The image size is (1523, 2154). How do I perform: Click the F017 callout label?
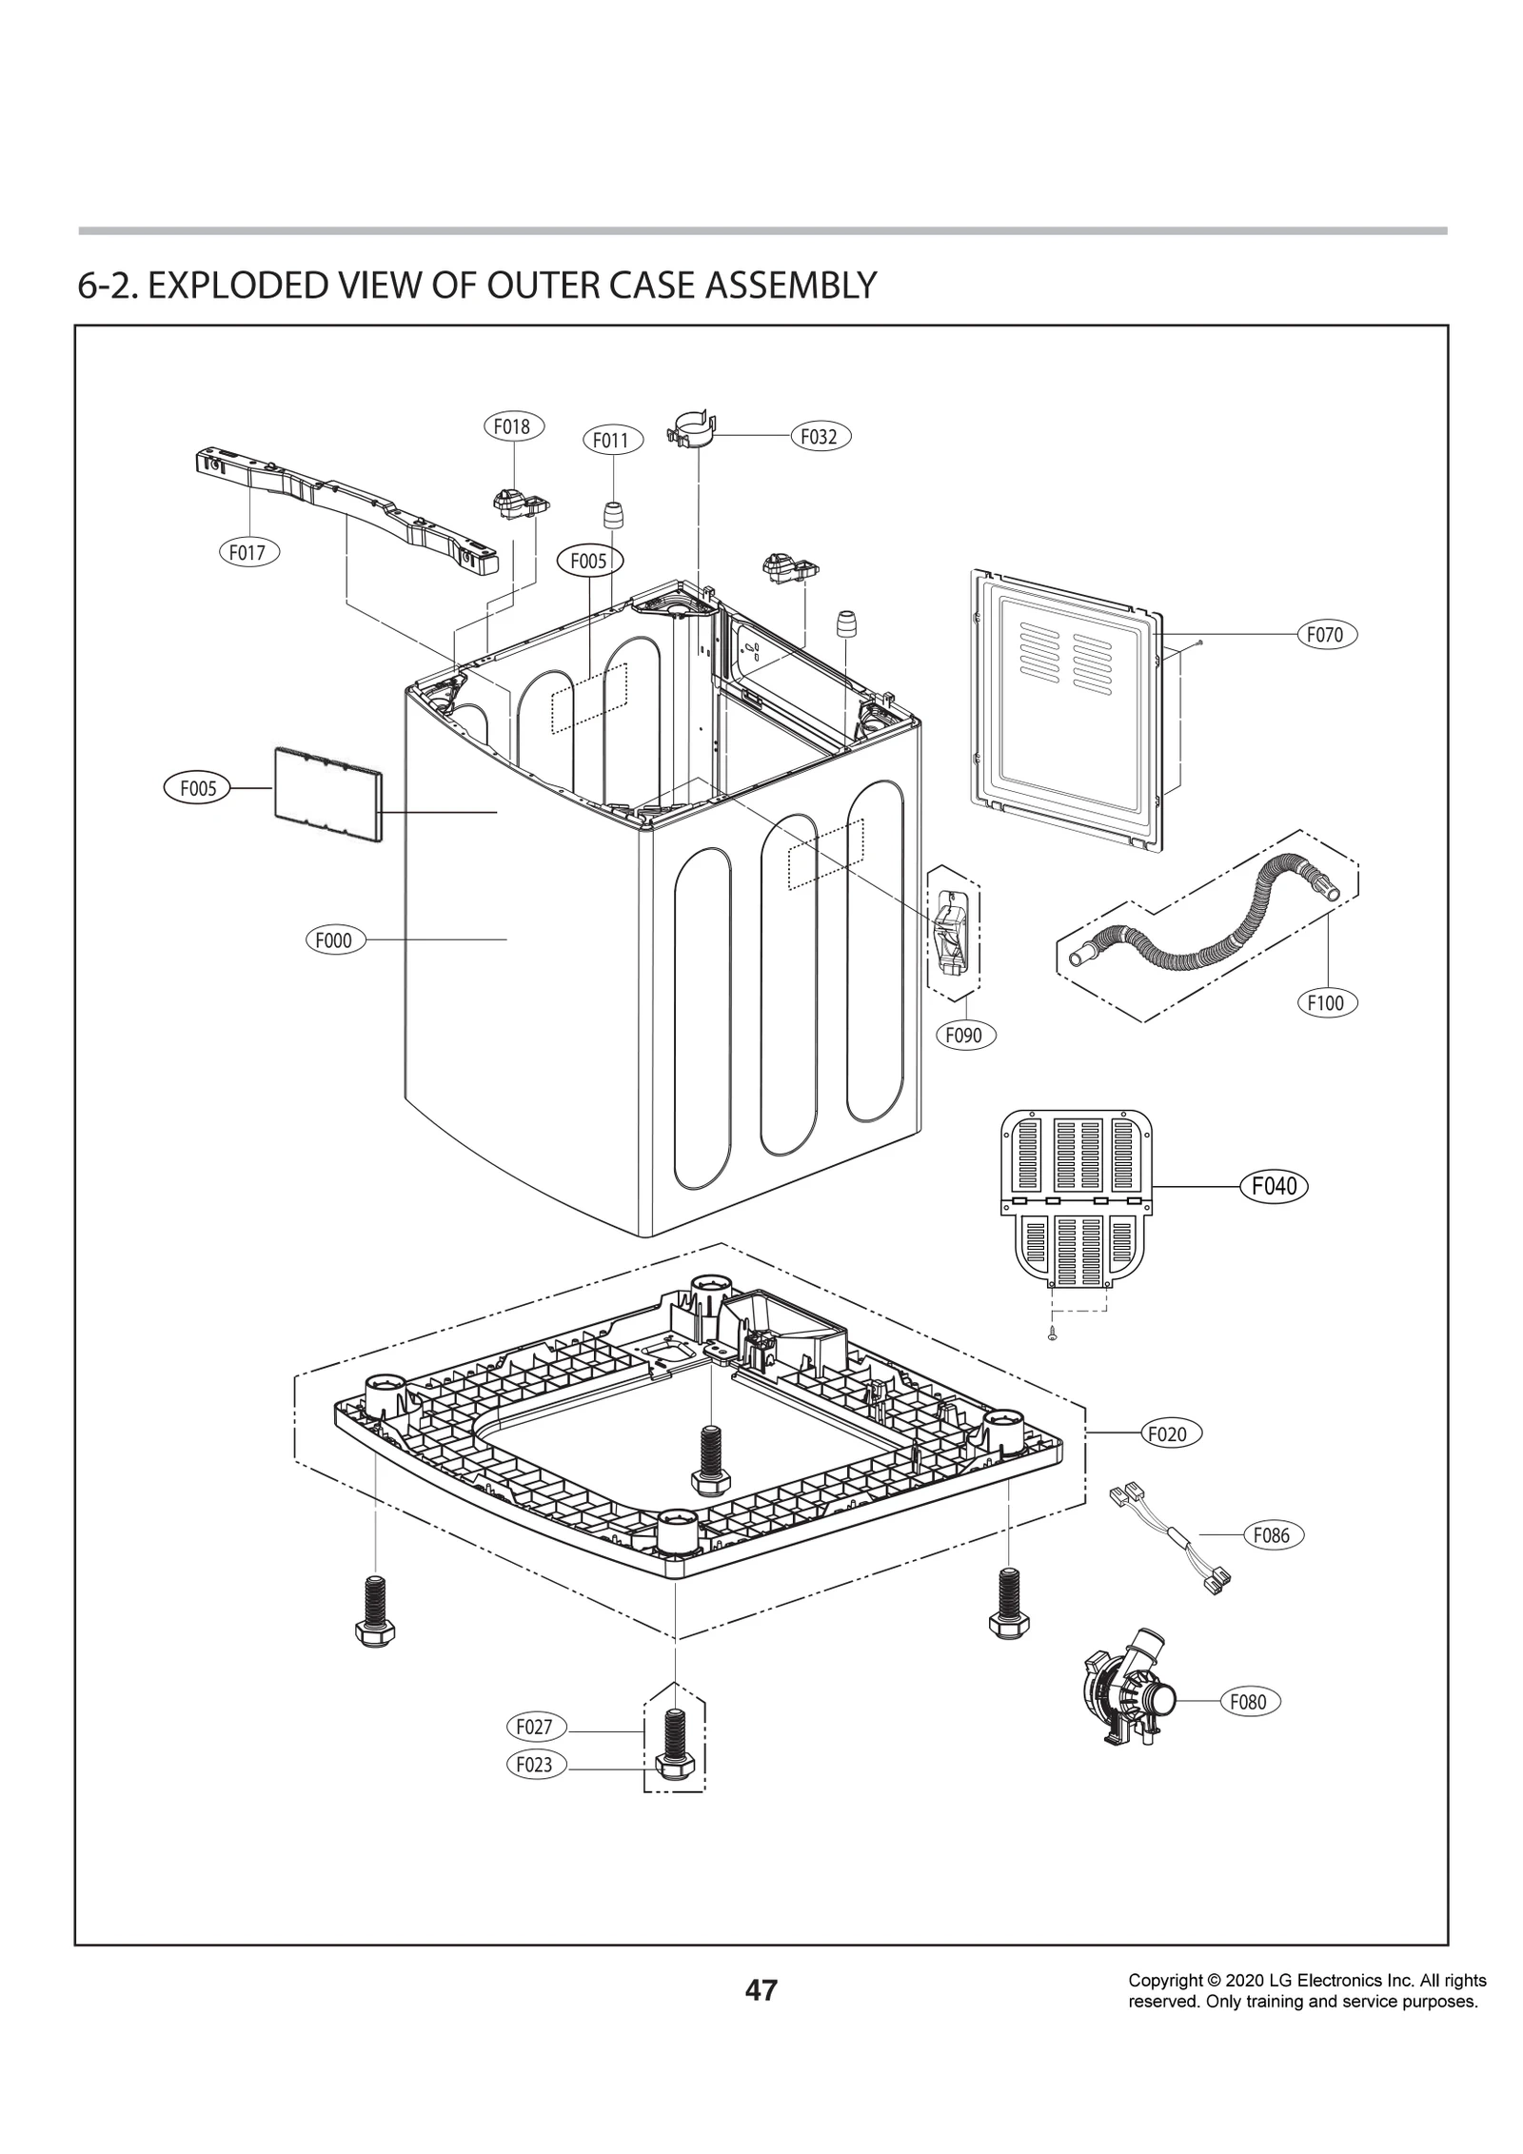pos(247,551)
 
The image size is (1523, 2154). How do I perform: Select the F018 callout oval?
pos(513,426)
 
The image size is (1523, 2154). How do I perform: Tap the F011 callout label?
pos(612,440)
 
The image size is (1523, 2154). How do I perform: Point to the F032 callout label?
pos(820,436)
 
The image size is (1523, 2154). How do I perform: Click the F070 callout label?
pos(1326,634)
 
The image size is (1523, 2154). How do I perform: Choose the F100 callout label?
pos(1326,1002)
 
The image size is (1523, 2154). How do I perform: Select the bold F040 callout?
pos(1274,1186)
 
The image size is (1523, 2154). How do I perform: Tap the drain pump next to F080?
pos(1128,1696)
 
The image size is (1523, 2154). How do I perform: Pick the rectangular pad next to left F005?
pos(326,796)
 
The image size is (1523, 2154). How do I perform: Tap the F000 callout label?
pos(334,940)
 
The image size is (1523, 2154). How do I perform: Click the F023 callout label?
pos(534,1764)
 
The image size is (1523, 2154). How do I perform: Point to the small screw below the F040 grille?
pos(1051,1336)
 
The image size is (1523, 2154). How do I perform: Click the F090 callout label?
pos(964,1035)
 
